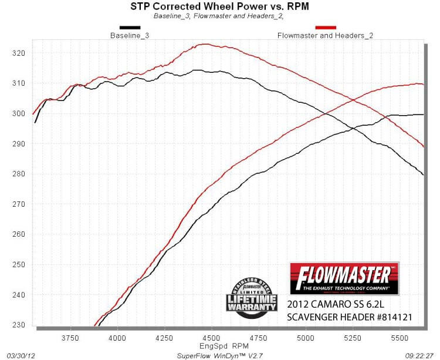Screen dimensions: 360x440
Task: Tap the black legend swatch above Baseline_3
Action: click(130, 27)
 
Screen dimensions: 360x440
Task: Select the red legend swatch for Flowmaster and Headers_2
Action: click(326, 27)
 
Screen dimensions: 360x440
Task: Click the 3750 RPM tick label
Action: click(70, 338)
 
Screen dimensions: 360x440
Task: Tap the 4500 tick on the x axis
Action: click(211, 338)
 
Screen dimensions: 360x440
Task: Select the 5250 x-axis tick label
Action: click(353, 338)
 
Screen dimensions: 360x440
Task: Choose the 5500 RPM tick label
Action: click(400, 338)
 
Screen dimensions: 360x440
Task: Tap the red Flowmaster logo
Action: click(344, 278)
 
